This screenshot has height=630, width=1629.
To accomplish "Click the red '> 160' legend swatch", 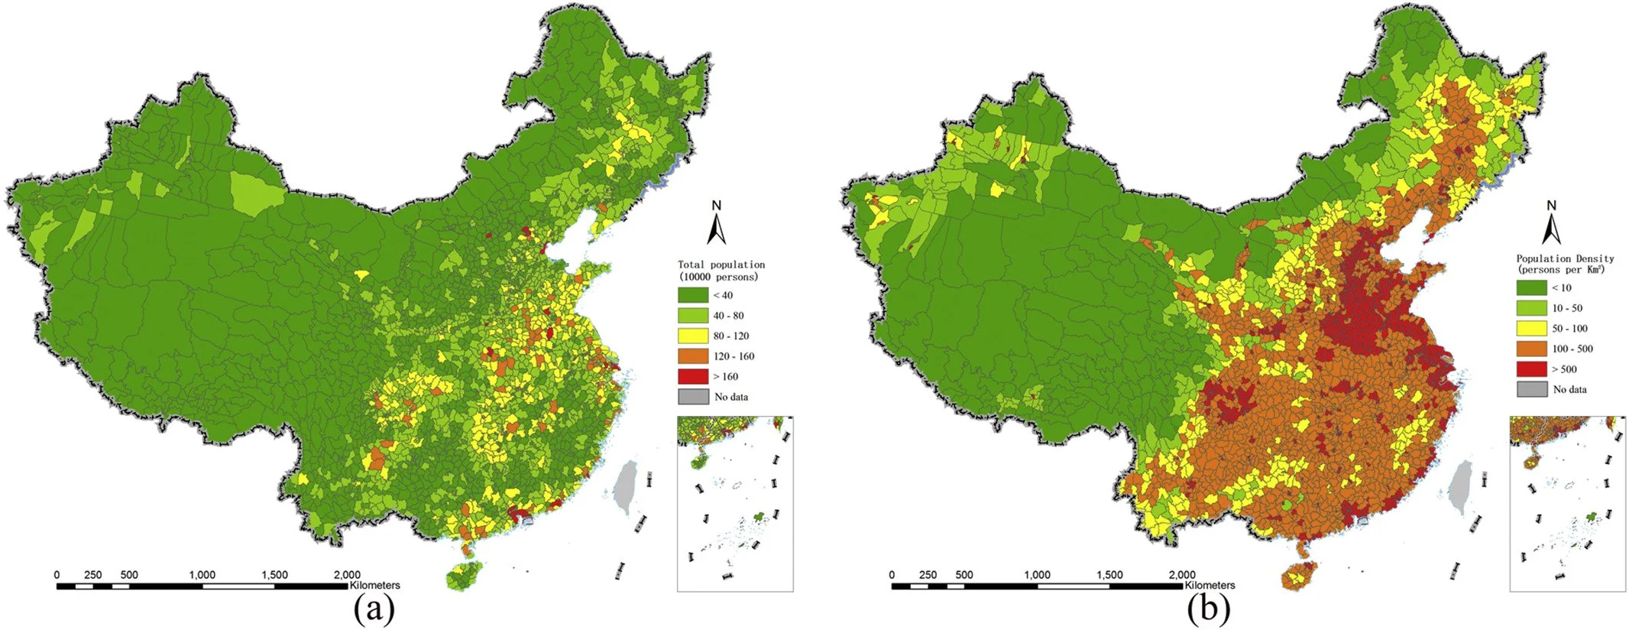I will pos(692,376).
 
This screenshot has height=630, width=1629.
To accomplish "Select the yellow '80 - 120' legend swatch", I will pos(692,336).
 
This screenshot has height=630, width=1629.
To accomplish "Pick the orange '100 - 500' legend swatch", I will pos(1530,349).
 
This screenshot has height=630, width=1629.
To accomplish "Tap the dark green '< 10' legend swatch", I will pos(1530,287).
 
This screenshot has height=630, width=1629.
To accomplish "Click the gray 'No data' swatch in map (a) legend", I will pos(692,397).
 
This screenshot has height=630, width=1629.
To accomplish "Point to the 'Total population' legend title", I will pos(721,265).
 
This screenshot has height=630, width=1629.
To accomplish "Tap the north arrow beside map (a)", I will pos(716,226).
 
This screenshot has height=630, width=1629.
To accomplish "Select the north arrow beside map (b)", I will pos(1550,226).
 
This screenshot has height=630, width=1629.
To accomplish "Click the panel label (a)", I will pos(374,609).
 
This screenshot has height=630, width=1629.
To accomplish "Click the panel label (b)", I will pos(1209,609).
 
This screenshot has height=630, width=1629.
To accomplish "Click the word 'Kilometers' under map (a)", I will pos(375,586).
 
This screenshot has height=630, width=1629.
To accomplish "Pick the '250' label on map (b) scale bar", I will pos(928,575).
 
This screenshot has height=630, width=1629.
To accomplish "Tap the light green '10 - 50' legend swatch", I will pos(1530,308).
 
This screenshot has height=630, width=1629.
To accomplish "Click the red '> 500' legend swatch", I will pos(1530,369).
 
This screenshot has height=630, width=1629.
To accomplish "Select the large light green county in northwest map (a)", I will pos(255,193).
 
